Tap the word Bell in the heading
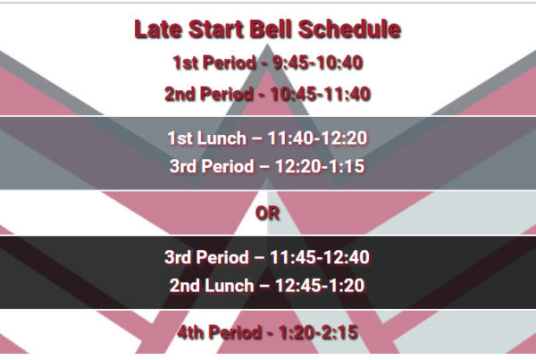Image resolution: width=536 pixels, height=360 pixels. tap(271, 29)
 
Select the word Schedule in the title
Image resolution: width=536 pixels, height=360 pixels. tap(349, 29)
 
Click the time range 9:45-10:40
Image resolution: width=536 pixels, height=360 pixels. tap(317, 63)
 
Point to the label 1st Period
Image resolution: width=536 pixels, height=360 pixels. tap(214, 63)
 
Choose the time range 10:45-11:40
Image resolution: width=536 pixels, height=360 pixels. tap(321, 94)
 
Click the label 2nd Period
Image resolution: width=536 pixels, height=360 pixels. tap(209, 94)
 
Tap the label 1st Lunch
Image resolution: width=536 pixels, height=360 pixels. tap(207, 138)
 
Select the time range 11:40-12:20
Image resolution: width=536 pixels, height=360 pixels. tap(317, 138)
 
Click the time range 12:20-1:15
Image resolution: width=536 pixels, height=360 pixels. tap(320, 166)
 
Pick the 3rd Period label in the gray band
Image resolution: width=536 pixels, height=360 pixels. tap(212, 166)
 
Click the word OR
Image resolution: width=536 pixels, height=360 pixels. tap(267, 213)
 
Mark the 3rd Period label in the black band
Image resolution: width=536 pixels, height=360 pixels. tap(207, 257)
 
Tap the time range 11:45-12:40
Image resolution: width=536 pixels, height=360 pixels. tap(320, 257)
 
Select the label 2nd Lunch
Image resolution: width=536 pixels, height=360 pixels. tap(212, 286)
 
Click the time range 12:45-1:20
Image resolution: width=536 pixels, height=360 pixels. tap(320, 286)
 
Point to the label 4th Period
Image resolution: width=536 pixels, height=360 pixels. tap(220, 332)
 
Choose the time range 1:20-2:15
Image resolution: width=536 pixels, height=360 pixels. tap(319, 332)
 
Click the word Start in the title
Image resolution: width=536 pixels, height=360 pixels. tap(215, 29)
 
